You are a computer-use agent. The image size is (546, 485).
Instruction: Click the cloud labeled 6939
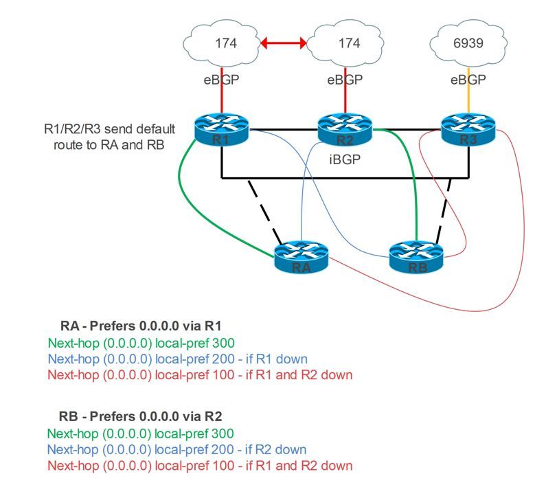[468, 43]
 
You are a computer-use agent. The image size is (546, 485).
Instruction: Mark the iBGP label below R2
[344, 158]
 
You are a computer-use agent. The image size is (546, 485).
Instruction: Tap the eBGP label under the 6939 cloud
[468, 79]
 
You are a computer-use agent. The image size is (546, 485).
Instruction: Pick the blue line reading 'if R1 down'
[178, 359]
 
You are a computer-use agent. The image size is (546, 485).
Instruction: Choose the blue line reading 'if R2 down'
[178, 450]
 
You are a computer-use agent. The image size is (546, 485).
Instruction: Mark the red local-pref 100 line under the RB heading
[201, 466]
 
